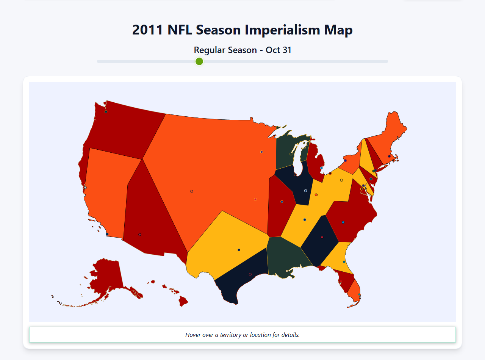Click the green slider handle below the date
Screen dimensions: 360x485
click(x=199, y=61)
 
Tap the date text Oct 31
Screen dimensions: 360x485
click(x=278, y=50)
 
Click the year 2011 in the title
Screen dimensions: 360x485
click(x=148, y=30)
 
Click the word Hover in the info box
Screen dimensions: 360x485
click(x=193, y=335)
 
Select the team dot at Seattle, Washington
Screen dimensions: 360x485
click(x=106, y=111)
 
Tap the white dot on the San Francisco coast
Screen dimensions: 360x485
click(x=85, y=188)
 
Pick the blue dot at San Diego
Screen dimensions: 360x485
click(x=107, y=234)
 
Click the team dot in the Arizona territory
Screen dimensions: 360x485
click(x=140, y=235)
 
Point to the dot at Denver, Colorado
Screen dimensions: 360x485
click(x=192, y=191)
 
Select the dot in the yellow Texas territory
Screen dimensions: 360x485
click(x=239, y=250)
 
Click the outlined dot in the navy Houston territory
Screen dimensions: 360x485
click(x=250, y=274)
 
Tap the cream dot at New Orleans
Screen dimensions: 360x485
click(x=287, y=271)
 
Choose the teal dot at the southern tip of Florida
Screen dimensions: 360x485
click(x=359, y=294)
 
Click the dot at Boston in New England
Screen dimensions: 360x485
click(x=389, y=156)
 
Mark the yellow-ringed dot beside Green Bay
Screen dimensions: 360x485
click(x=291, y=154)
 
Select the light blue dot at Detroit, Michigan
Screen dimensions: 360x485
click(x=321, y=168)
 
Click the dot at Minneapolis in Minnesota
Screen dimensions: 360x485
click(x=261, y=152)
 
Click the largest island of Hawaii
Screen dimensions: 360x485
click(x=183, y=302)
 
